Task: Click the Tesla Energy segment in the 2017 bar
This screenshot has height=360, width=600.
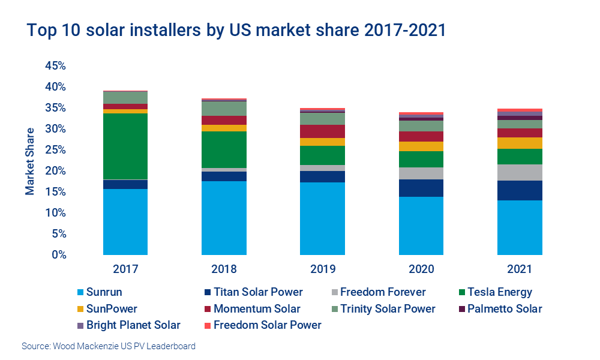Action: [125, 146]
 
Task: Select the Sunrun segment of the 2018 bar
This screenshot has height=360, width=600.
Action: [224, 218]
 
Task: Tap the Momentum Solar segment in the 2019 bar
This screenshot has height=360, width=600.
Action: [322, 131]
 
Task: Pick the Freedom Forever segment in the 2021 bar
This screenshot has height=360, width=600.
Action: [520, 172]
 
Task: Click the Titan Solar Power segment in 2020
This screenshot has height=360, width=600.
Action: [421, 188]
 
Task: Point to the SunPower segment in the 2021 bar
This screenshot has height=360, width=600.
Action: [520, 143]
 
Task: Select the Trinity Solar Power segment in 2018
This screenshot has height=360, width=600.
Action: [224, 109]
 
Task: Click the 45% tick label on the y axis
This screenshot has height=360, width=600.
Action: [55, 65]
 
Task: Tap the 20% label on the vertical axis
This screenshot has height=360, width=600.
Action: [55, 171]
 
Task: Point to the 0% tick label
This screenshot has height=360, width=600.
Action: [58, 255]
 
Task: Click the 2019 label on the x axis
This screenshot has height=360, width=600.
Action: [322, 269]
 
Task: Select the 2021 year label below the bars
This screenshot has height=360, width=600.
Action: [520, 269]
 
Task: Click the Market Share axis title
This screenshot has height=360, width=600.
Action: [29, 161]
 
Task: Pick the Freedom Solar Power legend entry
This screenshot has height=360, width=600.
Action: [267, 325]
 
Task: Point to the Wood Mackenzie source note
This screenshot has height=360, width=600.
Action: [108, 346]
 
